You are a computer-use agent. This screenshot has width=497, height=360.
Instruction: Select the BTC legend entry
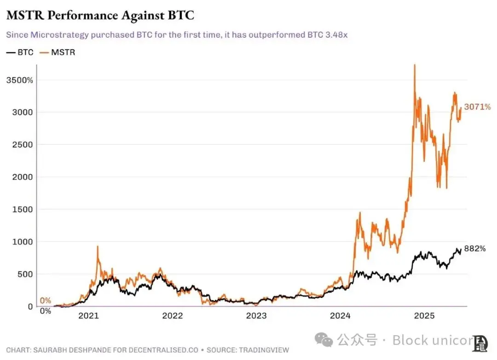click(x=20, y=52)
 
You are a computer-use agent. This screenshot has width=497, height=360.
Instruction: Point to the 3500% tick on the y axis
click(x=19, y=80)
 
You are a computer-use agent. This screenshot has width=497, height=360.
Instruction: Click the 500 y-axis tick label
click(x=26, y=274)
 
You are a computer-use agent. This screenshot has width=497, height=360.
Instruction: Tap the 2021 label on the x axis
click(x=88, y=316)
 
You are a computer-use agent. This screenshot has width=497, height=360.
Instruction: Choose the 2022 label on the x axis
click(x=172, y=316)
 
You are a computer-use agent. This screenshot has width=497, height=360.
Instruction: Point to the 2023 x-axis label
click(x=256, y=316)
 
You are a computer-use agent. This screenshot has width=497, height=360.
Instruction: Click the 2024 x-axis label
click(x=341, y=316)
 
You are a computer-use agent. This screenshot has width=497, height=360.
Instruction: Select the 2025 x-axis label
click(x=424, y=316)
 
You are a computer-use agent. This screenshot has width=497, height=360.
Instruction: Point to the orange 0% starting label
click(x=45, y=301)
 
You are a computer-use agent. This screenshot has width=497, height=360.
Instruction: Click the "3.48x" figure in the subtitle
click(x=336, y=35)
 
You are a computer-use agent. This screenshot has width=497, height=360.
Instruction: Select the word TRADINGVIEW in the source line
click(x=264, y=350)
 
